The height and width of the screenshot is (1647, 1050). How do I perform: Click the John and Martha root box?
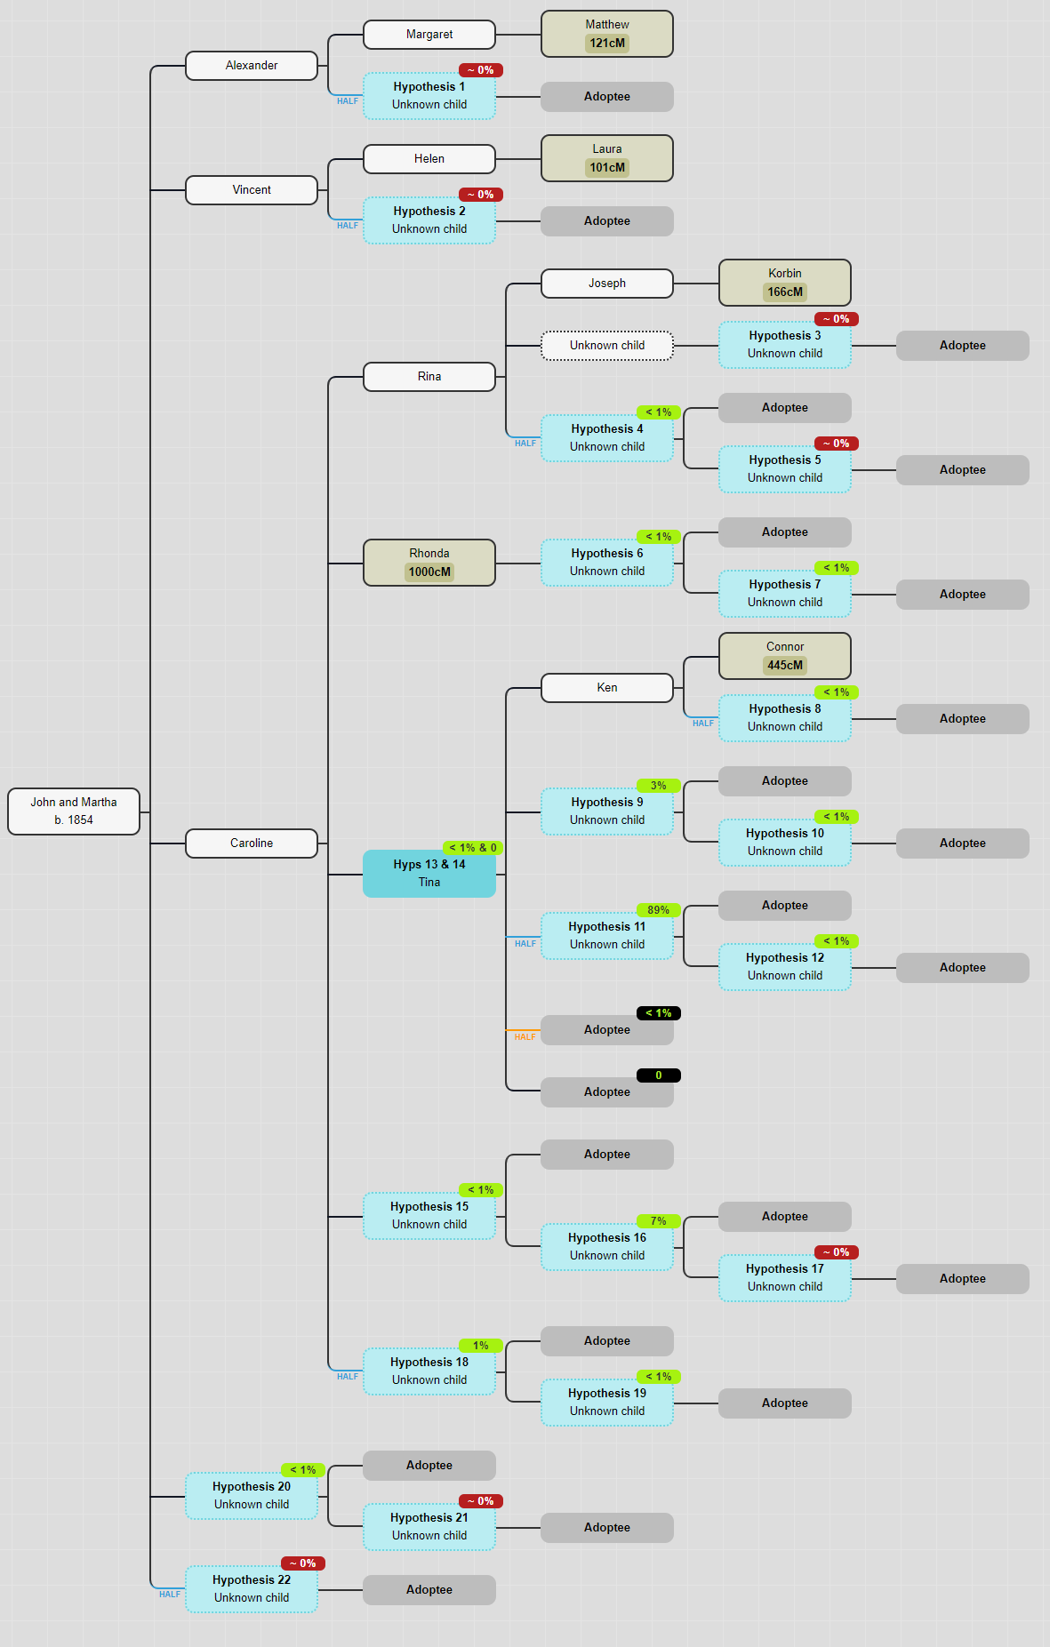coord(74,811)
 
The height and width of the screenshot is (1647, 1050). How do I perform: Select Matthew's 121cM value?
coord(607,43)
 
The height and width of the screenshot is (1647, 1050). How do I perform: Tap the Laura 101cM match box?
coord(607,158)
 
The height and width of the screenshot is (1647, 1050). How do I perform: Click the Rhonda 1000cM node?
coord(429,563)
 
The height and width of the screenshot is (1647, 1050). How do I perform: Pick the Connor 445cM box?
coord(785,656)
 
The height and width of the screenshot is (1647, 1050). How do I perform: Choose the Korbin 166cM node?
coord(785,283)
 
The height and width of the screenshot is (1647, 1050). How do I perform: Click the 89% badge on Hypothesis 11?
coord(658,910)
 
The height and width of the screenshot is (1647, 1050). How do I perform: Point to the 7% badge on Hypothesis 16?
coord(658,1221)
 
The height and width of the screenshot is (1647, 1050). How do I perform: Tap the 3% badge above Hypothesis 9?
coord(658,786)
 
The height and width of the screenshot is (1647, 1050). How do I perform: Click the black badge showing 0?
coord(658,1075)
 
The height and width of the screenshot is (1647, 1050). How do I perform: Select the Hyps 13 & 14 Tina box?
coord(429,874)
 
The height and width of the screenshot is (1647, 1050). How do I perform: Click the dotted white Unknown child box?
coord(607,346)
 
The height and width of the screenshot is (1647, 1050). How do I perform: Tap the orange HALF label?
coord(525,1037)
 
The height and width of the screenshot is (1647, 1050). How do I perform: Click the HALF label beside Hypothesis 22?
coord(169,1595)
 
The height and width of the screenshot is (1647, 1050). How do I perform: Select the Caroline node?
coord(252,843)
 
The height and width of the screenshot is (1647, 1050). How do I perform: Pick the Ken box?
coord(607,688)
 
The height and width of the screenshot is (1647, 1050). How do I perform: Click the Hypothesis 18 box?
coord(429,1371)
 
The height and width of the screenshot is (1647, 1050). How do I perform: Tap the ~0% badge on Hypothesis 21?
coord(481,1501)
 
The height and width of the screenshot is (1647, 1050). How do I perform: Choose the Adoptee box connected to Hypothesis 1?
coord(607,97)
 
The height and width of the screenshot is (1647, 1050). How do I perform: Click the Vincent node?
coord(252,190)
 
